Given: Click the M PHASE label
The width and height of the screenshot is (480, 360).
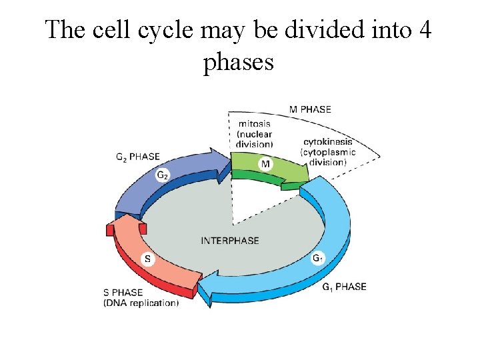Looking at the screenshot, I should coord(309,109).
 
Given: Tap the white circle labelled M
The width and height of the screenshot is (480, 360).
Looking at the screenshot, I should coord(265,164).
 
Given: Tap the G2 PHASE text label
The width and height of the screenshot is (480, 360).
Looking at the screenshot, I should coord(137,157).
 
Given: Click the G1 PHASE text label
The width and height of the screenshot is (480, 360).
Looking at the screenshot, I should coord(344,287).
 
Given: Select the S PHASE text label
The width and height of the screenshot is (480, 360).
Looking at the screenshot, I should coord(123,292).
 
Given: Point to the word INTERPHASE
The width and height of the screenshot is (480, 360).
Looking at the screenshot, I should coord(230,241).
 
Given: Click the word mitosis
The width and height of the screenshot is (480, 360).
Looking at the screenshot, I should coord(255,123).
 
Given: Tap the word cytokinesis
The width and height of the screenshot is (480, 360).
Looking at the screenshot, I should coord(328,142).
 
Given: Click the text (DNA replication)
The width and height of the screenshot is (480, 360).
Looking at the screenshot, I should coord(141,303).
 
